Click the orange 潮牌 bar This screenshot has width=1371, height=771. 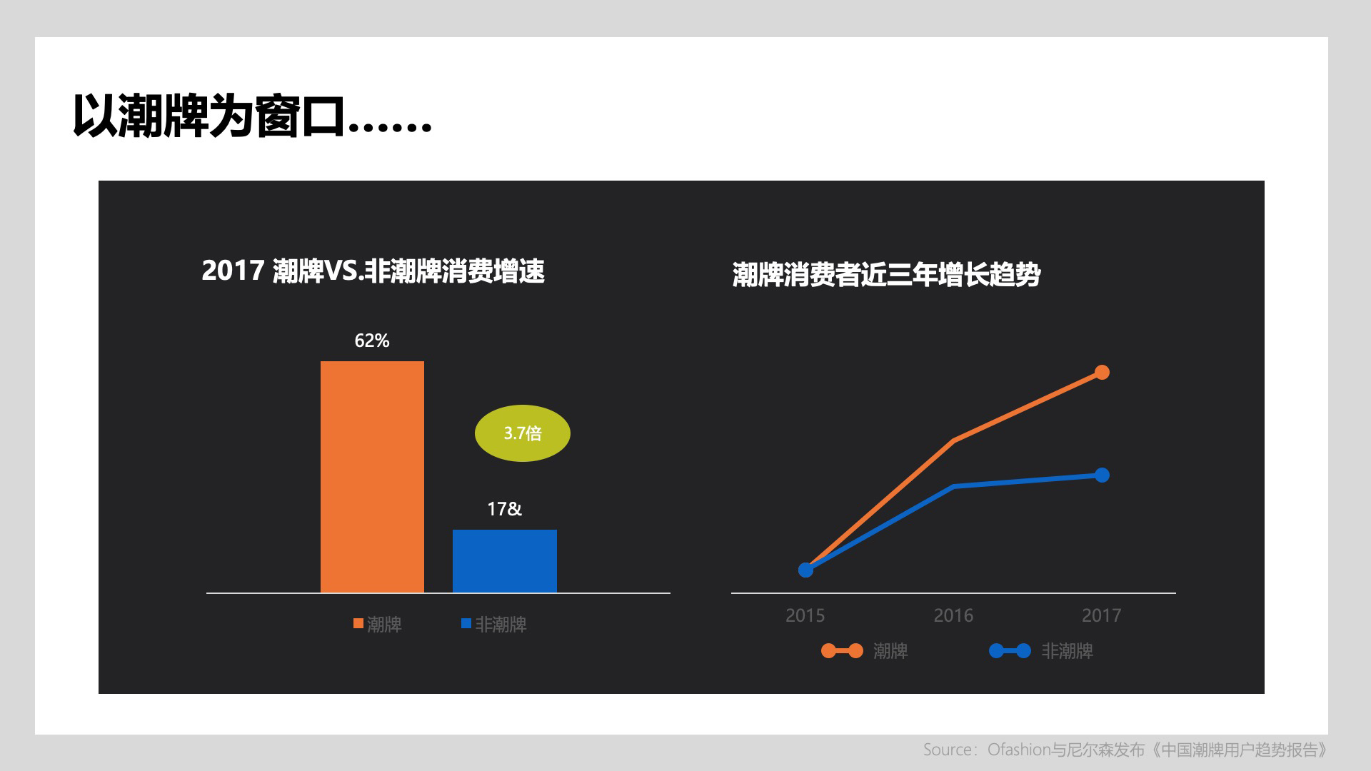[x=372, y=477]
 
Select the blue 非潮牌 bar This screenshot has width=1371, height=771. [x=505, y=561]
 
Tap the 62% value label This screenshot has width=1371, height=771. [x=372, y=341]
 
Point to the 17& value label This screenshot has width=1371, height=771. [x=505, y=509]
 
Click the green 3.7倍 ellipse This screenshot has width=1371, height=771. [x=523, y=433]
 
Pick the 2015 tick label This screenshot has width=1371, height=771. [x=805, y=615]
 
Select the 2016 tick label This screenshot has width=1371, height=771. [x=953, y=615]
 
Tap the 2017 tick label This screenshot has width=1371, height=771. [x=1102, y=615]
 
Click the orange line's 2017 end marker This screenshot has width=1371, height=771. [x=1102, y=372]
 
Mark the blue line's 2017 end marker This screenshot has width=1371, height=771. [x=1102, y=475]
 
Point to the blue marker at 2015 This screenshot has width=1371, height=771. [x=805, y=570]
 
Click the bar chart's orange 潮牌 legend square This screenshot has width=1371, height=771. [x=358, y=623]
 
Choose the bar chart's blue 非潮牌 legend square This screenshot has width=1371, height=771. [x=466, y=623]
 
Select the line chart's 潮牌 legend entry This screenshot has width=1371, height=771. [x=865, y=651]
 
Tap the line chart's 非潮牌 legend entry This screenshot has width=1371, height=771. [x=1041, y=651]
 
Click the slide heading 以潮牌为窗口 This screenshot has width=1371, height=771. [x=209, y=116]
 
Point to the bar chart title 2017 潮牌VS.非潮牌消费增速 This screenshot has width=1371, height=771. [x=373, y=271]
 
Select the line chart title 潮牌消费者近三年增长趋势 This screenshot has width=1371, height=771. [x=886, y=275]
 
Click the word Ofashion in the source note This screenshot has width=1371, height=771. [x=1018, y=750]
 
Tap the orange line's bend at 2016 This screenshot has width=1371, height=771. [x=954, y=440]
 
